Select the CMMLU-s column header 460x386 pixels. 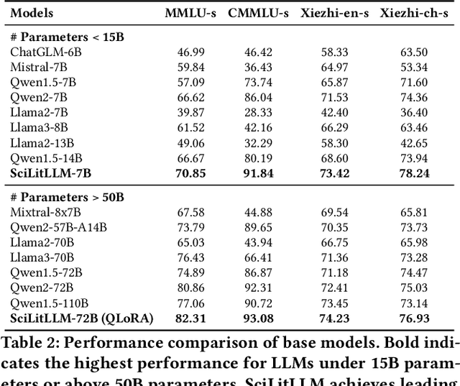[258, 14]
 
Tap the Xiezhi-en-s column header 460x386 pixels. [336, 14]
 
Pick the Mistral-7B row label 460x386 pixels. [37, 67]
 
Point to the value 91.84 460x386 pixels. [258, 173]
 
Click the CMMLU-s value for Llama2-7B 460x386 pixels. [258, 112]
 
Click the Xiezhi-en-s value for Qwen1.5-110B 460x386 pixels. [335, 303]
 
